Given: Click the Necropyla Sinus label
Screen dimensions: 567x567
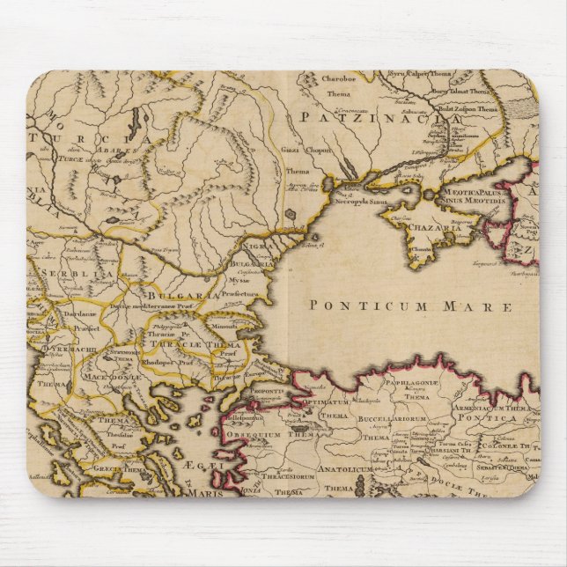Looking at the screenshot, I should (362, 201).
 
